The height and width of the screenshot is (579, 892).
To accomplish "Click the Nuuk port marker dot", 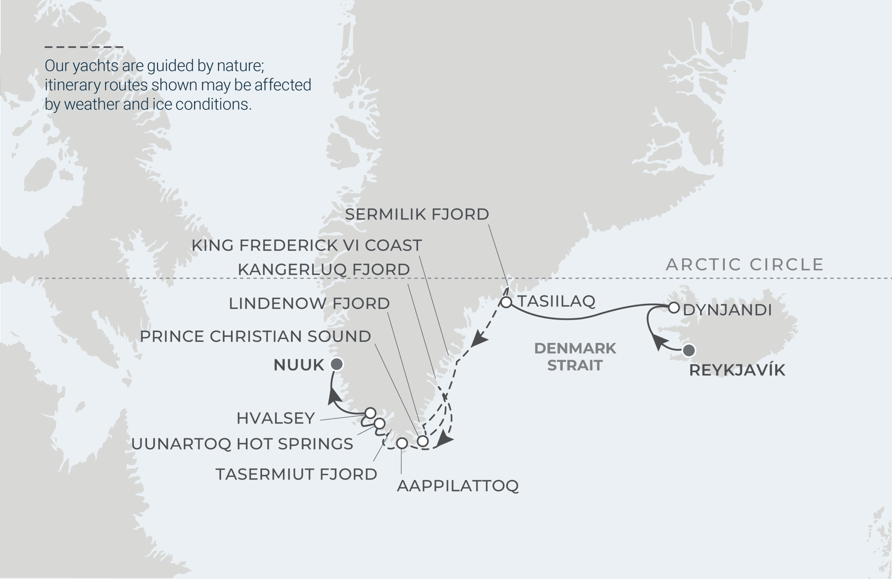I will (337, 364).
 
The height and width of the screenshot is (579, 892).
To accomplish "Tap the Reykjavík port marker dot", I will (689, 350).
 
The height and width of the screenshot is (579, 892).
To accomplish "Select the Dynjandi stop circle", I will (674, 308).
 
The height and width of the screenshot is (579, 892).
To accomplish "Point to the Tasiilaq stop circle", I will (506, 302).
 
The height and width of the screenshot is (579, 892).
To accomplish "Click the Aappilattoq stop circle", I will (402, 443).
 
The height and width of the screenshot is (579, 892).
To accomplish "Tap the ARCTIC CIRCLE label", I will (745, 264).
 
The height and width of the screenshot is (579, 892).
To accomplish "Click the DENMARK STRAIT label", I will (575, 357).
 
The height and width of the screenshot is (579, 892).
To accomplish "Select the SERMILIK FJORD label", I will (417, 214).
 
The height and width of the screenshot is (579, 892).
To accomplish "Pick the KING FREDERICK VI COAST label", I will (307, 246).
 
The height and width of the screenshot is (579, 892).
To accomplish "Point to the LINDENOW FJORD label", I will (309, 303).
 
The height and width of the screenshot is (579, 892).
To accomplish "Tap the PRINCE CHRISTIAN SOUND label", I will (255, 337).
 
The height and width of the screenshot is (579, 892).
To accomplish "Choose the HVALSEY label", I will (276, 418).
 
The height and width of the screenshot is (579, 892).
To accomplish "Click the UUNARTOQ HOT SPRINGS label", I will (242, 444).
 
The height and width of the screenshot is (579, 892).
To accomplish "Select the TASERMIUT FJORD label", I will (296, 474).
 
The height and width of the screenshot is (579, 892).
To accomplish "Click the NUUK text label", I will (299, 365).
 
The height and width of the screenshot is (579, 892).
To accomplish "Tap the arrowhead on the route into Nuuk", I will (334, 397).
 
